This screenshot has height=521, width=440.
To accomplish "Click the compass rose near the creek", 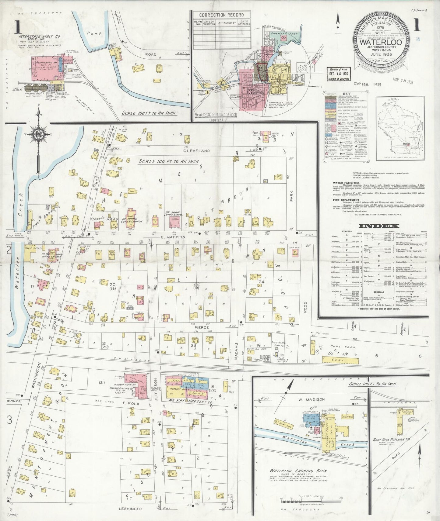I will pyautogui.click(x=39, y=134).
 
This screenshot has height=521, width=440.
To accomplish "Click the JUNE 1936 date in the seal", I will pyautogui.click(x=381, y=54).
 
